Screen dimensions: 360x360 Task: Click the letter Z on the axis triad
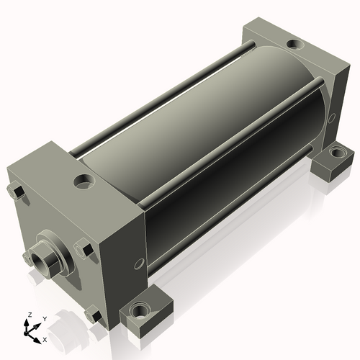coord(30,315)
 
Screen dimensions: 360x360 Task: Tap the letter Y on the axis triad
coord(45,319)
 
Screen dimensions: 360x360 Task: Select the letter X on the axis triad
coord(45,340)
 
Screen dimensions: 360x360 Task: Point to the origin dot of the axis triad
coord(25,333)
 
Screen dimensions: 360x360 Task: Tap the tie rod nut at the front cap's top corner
coord(16,192)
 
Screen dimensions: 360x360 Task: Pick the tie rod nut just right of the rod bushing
coord(84,248)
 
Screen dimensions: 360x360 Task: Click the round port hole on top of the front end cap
coord(84,181)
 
